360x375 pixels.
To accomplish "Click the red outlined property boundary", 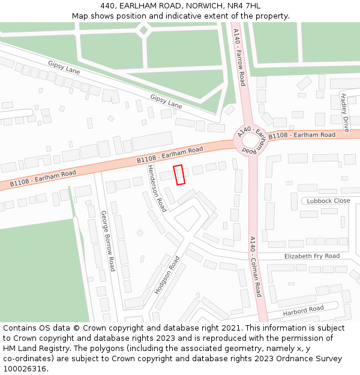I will (179, 175).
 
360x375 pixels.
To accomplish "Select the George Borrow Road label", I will (107, 241).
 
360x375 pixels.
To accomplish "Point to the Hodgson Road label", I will (167, 275).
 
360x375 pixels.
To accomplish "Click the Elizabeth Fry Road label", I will (311, 256).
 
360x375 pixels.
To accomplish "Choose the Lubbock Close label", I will (328, 201).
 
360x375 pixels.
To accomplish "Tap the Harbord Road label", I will (304, 310).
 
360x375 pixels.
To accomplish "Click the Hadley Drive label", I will (344, 112).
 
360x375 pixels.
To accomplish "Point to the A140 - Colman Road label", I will (256, 266).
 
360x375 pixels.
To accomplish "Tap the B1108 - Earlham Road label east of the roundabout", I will (302, 136).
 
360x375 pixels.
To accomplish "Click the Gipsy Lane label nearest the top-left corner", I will (64, 67).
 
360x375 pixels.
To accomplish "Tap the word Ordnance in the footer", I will (286, 359).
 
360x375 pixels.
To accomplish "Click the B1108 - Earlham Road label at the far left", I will (43, 177).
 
